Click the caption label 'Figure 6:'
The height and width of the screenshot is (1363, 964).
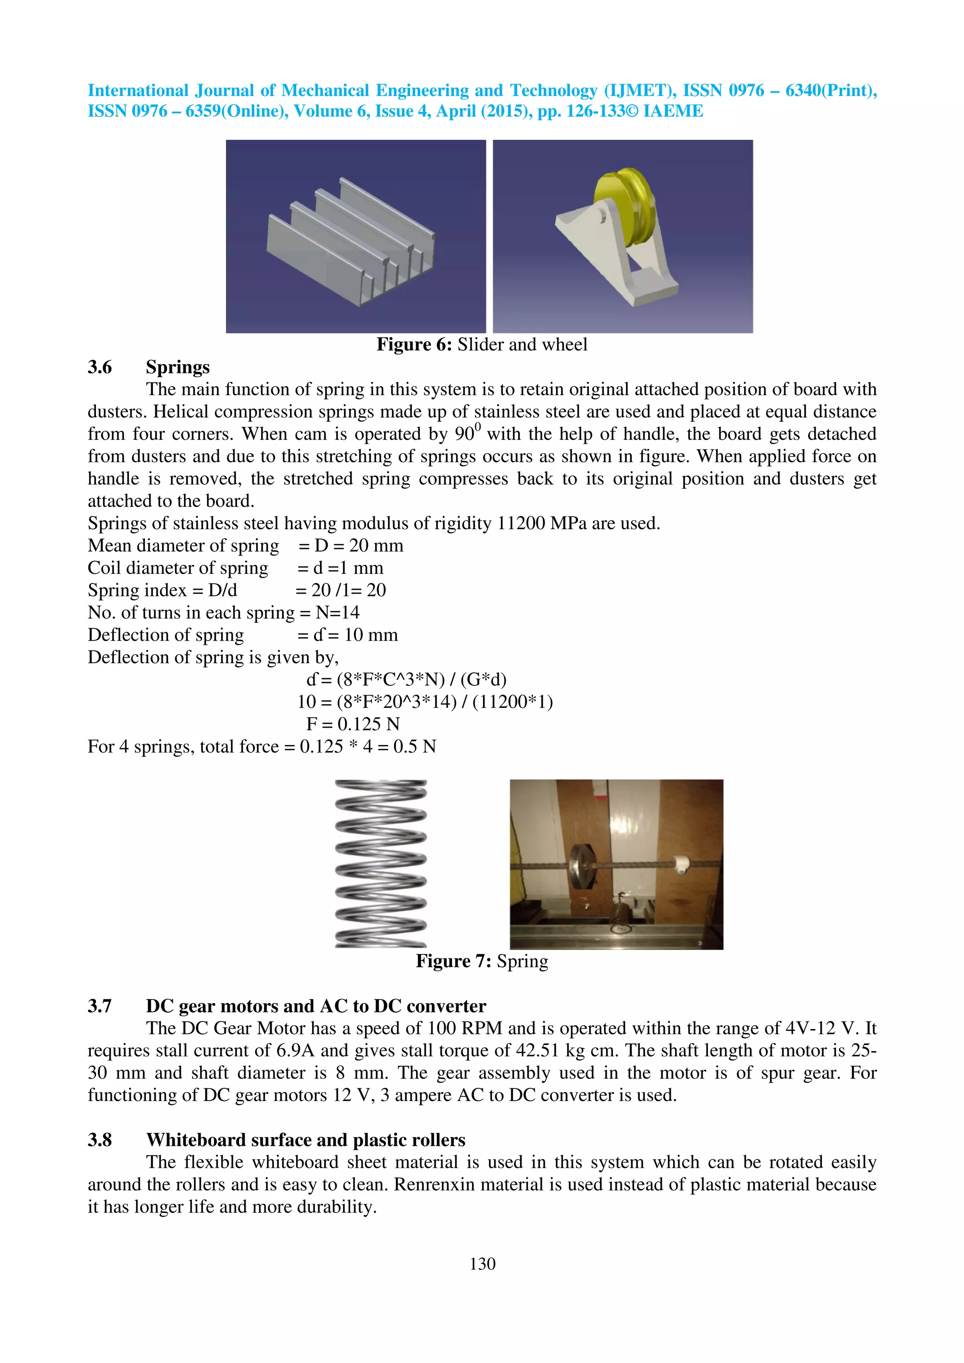point(414,345)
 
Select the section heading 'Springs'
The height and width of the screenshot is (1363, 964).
point(177,367)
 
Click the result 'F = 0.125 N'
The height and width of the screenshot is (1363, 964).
point(353,724)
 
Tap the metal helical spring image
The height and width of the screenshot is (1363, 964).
point(381,864)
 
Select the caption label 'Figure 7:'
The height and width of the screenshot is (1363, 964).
point(453,961)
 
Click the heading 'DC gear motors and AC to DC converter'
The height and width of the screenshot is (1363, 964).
point(316,1006)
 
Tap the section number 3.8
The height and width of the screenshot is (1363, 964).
point(100,1140)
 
